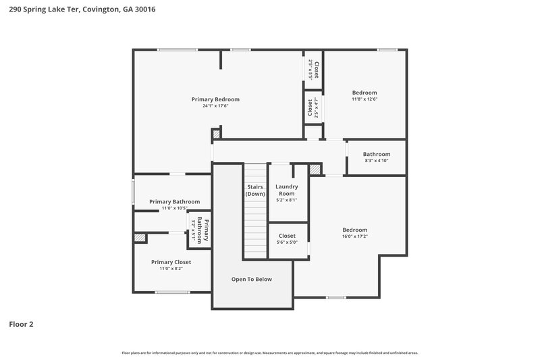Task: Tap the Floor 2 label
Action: tap(21, 324)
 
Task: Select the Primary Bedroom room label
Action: tap(215, 99)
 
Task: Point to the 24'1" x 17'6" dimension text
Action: tap(215, 106)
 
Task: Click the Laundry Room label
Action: tap(287, 190)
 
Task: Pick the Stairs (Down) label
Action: tap(255, 190)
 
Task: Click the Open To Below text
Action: tap(252, 279)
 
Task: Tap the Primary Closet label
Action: tap(171, 262)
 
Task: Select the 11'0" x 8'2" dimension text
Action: tap(171, 269)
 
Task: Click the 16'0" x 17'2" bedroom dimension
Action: tap(354, 237)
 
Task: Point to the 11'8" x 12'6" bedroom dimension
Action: tap(364, 99)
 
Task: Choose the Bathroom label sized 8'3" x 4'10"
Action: tap(377, 154)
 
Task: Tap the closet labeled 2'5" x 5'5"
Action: tap(313, 70)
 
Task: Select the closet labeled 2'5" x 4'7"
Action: tap(313, 108)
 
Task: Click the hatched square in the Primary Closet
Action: tap(140, 238)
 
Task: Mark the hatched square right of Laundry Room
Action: tap(314, 170)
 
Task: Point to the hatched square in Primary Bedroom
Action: tap(216, 134)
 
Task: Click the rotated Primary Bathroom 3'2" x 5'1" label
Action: tap(200, 231)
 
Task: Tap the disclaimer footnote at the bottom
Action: tap(269, 353)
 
